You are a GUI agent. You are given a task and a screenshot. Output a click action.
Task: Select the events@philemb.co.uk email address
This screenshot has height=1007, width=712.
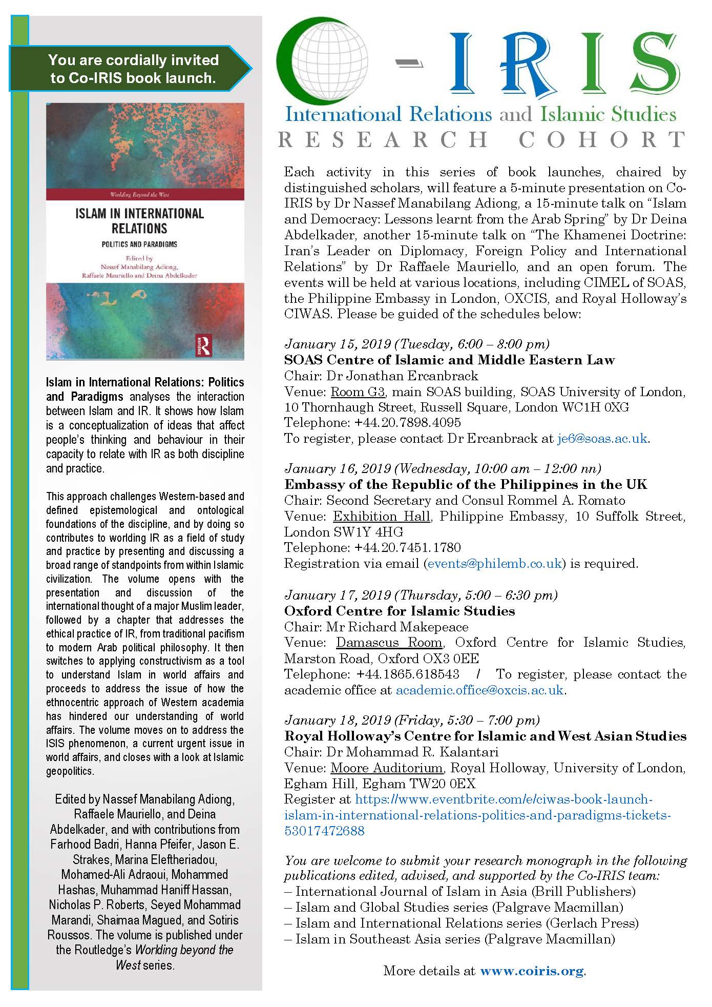(x=494, y=564)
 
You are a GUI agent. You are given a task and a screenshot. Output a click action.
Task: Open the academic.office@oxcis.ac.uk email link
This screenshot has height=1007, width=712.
(x=479, y=690)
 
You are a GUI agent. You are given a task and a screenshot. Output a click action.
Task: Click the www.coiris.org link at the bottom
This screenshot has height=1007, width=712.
(x=532, y=971)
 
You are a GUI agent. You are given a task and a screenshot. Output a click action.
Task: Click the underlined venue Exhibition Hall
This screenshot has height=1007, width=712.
(x=382, y=517)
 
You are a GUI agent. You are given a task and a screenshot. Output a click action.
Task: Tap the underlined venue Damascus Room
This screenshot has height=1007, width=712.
(x=389, y=643)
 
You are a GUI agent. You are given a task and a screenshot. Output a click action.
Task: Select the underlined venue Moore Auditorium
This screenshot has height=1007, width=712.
(x=387, y=768)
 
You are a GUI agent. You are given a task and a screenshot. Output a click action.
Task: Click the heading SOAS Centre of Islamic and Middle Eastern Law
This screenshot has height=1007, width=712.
(x=449, y=360)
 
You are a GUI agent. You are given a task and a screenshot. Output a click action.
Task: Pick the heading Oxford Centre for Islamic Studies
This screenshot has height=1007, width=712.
(x=400, y=611)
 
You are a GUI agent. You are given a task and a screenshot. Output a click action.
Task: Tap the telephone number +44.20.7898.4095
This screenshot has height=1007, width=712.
(x=407, y=423)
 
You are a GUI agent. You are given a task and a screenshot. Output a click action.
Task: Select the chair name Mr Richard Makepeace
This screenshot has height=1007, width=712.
(x=397, y=627)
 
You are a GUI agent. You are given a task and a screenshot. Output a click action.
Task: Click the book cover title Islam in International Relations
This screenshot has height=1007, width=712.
(x=139, y=220)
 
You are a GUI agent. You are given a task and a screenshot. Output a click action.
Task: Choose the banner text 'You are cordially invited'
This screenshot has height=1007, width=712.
(x=133, y=60)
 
